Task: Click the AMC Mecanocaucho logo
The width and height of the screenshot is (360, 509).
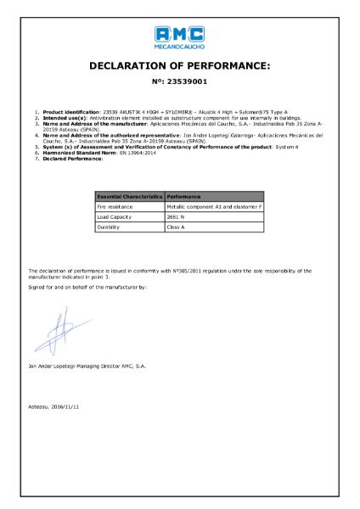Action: click(x=179, y=36)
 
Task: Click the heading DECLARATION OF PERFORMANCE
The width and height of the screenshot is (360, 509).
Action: click(x=179, y=65)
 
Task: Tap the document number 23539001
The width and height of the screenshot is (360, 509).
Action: click(x=179, y=82)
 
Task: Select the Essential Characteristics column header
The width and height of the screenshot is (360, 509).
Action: click(x=130, y=196)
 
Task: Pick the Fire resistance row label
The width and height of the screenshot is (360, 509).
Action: click(x=117, y=206)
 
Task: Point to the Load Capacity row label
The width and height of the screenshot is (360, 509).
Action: click(x=116, y=217)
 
